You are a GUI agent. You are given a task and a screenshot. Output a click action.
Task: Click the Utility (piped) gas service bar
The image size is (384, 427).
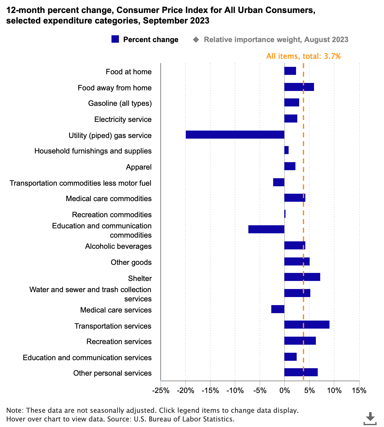235,135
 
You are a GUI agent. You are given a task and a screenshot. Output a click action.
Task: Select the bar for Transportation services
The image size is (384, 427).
307,325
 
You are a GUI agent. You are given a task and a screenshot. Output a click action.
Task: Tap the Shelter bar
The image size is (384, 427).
302,277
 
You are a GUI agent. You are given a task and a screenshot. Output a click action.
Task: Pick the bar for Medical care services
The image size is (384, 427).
278,309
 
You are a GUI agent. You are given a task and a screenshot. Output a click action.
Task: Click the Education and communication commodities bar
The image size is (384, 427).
266,229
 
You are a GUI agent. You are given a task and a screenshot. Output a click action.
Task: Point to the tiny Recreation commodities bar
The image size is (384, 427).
285,214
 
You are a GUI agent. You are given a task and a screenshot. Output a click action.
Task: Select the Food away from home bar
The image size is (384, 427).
299,87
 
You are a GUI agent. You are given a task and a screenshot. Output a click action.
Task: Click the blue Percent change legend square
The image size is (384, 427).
115,39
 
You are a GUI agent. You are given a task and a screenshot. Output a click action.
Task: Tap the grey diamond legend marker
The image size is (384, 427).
196,40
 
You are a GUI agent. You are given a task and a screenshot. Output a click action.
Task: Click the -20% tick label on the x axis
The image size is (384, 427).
185,390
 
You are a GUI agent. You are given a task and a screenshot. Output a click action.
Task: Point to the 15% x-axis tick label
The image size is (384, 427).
359,390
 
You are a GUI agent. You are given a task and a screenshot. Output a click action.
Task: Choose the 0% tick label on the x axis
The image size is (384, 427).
285,390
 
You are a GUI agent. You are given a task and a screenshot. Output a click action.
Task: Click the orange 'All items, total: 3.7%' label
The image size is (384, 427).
303,56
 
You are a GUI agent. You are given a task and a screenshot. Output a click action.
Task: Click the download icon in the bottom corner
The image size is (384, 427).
370,418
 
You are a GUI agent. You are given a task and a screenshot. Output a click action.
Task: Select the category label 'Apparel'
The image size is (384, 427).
139,167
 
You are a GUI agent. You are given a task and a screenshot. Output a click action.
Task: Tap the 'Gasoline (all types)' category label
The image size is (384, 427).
120,103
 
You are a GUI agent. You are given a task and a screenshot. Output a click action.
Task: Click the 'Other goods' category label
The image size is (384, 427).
131,262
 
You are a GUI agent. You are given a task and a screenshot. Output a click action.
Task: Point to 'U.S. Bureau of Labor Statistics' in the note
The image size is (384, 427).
184,419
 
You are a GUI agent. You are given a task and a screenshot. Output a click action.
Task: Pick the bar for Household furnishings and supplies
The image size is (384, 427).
286,150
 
